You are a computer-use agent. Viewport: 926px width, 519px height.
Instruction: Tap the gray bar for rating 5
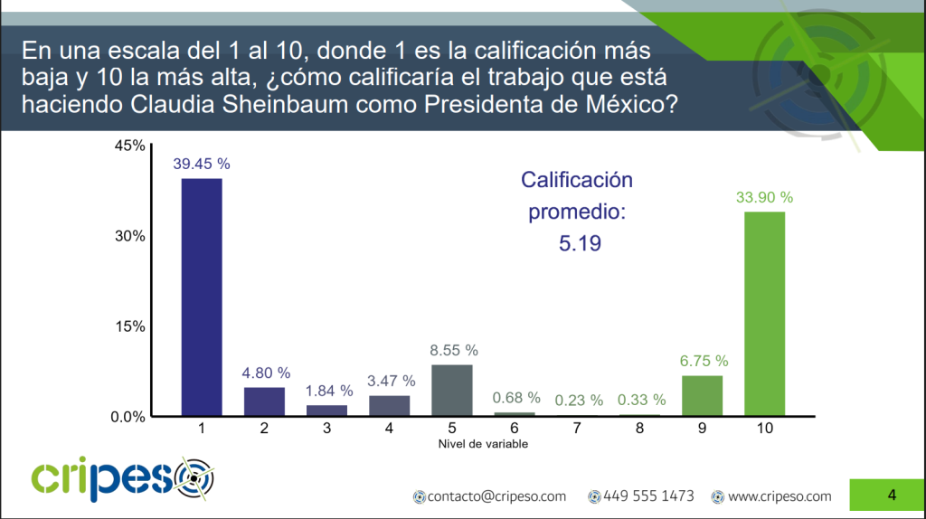[451, 390]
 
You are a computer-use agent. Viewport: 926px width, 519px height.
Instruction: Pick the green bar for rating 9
[702, 395]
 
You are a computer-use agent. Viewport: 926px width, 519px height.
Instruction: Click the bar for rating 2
[264, 401]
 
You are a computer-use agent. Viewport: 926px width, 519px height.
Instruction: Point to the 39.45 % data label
[201, 164]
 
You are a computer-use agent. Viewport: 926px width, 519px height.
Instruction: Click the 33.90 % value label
[764, 197]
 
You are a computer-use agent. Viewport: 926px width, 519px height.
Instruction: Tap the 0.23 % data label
[577, 401]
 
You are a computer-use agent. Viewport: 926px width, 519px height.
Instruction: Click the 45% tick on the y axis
[129, 146]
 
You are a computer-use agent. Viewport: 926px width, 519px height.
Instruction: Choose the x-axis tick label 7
[577, 429]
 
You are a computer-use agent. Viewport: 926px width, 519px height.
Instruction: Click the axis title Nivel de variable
[483, 444]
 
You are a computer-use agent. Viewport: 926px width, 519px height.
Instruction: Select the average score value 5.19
[577, 243]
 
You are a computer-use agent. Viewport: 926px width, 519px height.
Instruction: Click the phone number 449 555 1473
[647, 496]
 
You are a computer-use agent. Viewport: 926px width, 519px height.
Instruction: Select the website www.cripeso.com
[779, 496]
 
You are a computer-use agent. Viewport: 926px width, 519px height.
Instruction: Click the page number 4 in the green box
[892, 495]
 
